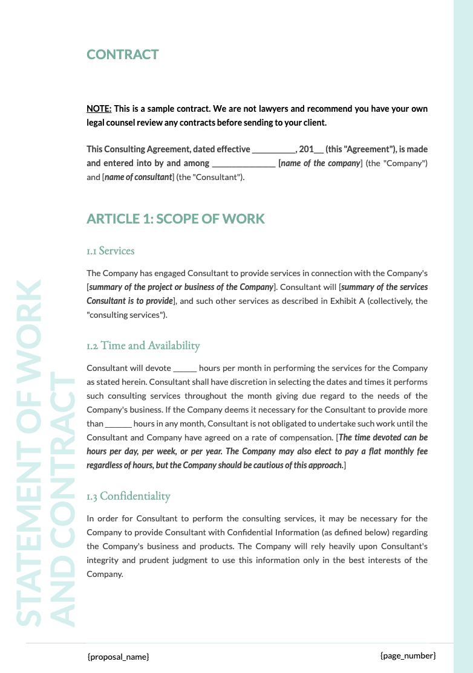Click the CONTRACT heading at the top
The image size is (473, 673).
pos(122,54)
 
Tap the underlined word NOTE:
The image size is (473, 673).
pos(99,109)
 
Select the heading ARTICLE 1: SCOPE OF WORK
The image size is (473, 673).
pos(175,218)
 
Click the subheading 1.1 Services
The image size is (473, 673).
pos(110,250)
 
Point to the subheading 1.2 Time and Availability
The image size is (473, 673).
pos(143,346)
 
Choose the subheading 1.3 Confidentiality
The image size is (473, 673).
pos(128,496)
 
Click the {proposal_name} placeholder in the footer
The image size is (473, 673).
pos(118,656)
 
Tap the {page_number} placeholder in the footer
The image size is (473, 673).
pos(408,655)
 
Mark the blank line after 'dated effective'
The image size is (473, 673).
pos(273,149)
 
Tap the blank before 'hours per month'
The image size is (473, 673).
pos(184,368)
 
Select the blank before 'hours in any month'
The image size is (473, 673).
pos(118,424)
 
